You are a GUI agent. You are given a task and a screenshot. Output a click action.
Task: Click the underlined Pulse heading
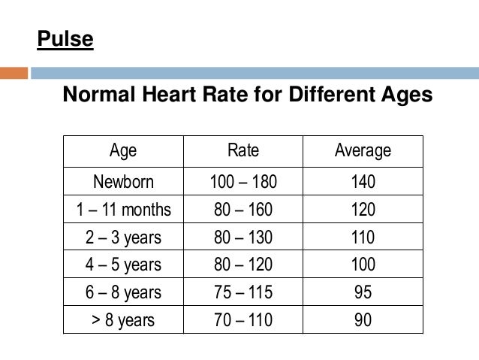tap(65, 38)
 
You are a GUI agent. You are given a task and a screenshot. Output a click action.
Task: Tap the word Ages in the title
tap(405, 96)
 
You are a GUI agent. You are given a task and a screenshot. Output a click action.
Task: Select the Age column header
tap(123, 150)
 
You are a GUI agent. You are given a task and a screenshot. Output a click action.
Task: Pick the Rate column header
tap(243, 150)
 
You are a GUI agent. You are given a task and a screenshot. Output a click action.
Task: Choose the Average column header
tap(363, 150)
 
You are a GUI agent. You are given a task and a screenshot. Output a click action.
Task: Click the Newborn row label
tap(123, 182)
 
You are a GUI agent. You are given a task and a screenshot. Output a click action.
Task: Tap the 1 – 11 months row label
tap(123, 210)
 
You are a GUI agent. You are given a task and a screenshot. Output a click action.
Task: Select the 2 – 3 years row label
tap(123, 237)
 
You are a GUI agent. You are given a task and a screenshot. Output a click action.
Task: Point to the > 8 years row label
tap(123, 321)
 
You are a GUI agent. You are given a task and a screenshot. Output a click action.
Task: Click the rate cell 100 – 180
tap(243, 182)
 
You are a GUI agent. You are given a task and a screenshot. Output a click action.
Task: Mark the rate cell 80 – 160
tap(243, 210)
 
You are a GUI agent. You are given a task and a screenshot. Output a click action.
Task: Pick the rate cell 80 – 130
tap(243, 237)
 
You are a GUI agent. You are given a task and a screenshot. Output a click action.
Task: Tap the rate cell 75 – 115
tap(243, 293)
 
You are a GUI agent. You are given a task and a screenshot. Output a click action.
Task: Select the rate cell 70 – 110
tap(243, 321)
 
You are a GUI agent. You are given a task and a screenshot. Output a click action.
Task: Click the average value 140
tap(363, 182)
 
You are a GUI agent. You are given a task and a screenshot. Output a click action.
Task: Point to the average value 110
tap(363, 237)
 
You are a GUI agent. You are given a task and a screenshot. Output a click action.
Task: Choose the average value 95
tap(363, 293)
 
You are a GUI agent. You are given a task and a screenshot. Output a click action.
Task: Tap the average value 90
tap(363, 321)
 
